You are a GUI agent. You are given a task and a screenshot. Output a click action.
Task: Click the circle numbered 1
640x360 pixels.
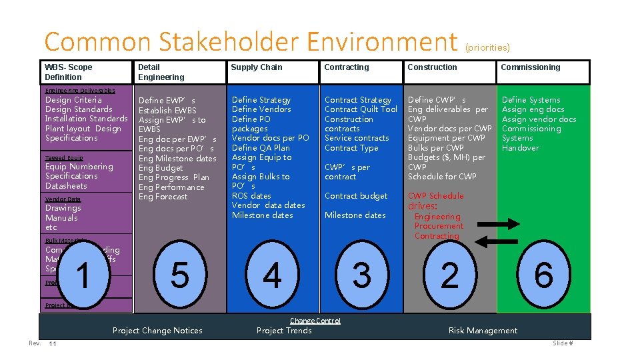[x=83, y=275]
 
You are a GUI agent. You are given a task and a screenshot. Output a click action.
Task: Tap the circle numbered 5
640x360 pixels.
[x=179, y=275]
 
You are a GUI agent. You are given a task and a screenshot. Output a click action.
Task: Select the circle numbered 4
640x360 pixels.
[x=272, y=275]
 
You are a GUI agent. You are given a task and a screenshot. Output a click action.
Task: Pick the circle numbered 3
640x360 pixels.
[x=361, y=275]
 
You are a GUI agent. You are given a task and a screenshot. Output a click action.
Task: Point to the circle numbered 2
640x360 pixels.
[x=450, y=275]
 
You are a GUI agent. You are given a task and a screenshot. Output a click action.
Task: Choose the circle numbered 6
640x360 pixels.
[x=543, y=275]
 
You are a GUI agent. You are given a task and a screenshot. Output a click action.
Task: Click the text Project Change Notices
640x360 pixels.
[x=157, y=331]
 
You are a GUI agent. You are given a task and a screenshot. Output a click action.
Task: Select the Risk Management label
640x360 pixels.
[x=483, y=331]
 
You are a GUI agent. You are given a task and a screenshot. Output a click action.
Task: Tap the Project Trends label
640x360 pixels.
[x=284, y=331]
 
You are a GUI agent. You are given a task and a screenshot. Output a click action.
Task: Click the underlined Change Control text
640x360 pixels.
[x=315, y=321]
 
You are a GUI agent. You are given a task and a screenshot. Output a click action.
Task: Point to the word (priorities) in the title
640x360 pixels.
[x=487, y=47]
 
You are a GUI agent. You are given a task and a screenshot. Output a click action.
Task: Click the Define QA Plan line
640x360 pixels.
[x=261, y=148]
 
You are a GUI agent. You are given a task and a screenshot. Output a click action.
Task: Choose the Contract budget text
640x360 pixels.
[x=355, y=196]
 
